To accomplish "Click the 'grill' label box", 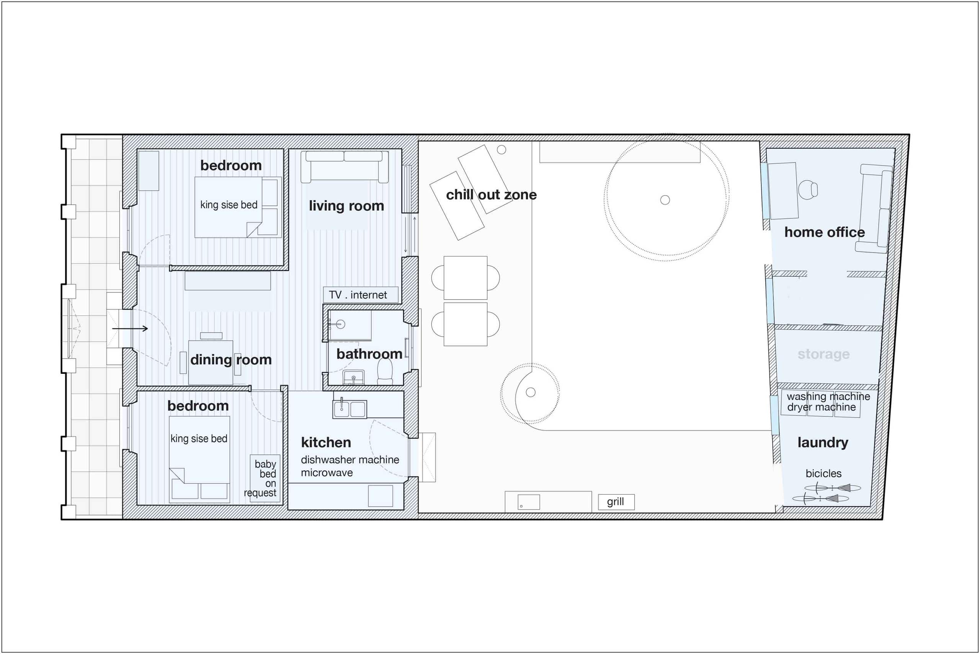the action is [x=616, y=502].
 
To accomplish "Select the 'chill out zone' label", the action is [x=491, y=195].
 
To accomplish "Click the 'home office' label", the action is [x=824, y=232].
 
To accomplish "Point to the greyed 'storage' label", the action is [x=823, y=354].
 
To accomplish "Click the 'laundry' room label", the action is [x=823, y=442].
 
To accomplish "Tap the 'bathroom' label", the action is [x=369, y=354].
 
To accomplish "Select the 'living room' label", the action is [x=346, y=205].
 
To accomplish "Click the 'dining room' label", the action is [x=231, y=360].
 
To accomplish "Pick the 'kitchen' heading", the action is [x=326, y=442].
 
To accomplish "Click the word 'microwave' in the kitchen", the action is [x=327, y=473].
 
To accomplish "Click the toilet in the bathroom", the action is [x=385, y=371].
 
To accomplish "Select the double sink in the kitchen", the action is [x=350, y=409].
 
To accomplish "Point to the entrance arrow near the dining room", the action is [x=130, y=329].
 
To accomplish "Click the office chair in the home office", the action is [x=808, y=190].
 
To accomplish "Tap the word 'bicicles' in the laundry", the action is [x=823, y=473].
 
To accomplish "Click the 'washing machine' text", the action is [x=828, y=396].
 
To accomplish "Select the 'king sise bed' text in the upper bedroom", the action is [x=229, y=205].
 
